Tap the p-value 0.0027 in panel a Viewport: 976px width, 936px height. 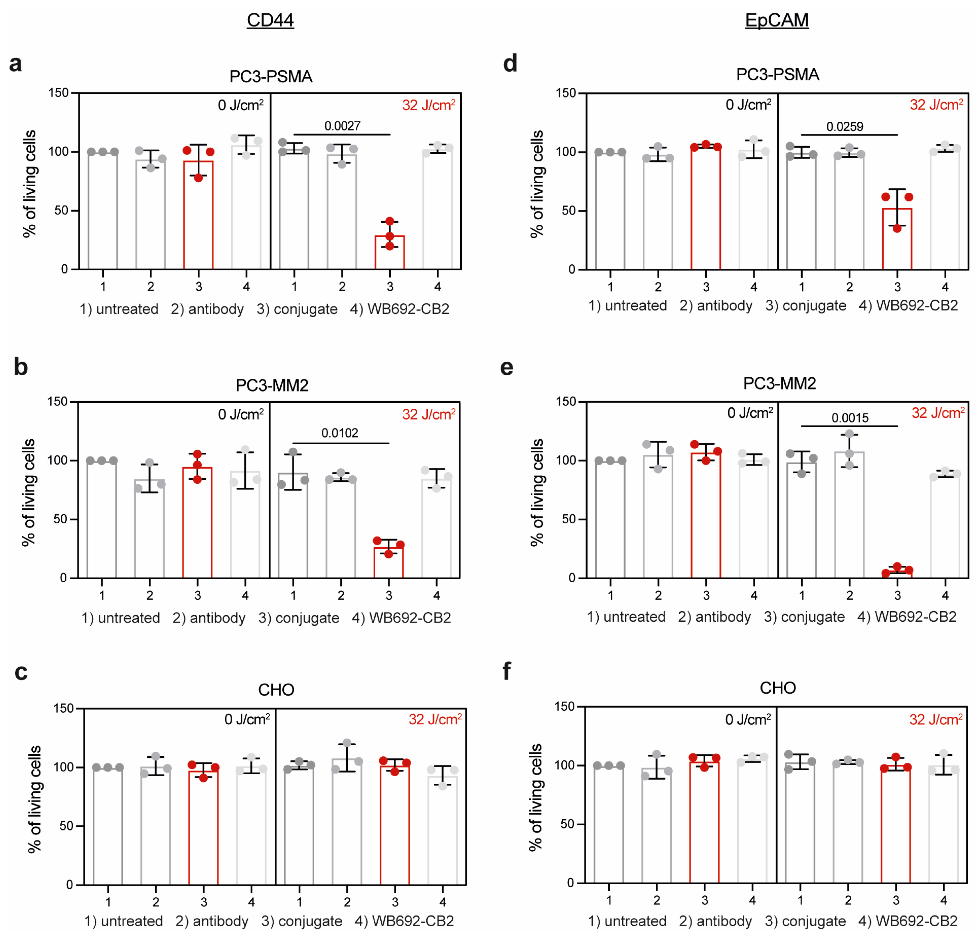click(x=342, y=126)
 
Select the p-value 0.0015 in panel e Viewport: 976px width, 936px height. click(x=850, y=418)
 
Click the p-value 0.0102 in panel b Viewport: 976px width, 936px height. click(x=340, y=433)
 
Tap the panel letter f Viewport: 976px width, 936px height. click(x=507, y=672)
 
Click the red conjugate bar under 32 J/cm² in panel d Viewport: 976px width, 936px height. click(x=897, y=239)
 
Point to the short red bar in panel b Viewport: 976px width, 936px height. click(x=388, y=563)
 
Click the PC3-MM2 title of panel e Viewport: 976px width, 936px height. click(x=779, y=383)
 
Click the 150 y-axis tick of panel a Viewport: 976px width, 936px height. click(x=58, y=93)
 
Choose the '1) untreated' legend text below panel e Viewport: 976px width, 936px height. click(x=626, y=617)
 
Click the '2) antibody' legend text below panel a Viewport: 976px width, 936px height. click(x=207, y=309)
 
